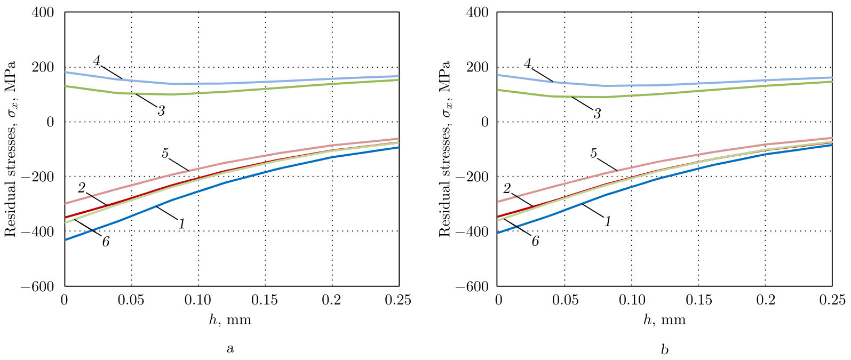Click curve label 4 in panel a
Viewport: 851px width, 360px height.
[97, 60]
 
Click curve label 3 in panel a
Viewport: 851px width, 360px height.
[161, 110]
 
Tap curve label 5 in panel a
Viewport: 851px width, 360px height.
[165, 154]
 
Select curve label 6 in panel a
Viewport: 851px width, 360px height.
[106, 242]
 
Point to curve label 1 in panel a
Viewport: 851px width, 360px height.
[181, 224]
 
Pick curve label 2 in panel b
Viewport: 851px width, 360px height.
[507, 188]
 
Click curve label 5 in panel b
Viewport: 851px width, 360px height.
[593, 154]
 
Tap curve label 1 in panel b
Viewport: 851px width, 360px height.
[608, 221]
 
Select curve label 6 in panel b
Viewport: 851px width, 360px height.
[535, 241]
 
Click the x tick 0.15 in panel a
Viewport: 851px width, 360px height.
[265, 300]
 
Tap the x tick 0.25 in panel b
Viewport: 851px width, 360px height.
[832, 300]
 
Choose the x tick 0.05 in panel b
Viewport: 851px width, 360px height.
[565, 300]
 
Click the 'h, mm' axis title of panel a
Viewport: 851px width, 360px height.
[230, 320]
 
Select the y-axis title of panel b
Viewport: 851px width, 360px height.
[444, 149]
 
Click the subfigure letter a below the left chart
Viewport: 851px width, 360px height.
[230, 349]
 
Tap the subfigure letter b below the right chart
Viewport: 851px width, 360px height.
[664, 349]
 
